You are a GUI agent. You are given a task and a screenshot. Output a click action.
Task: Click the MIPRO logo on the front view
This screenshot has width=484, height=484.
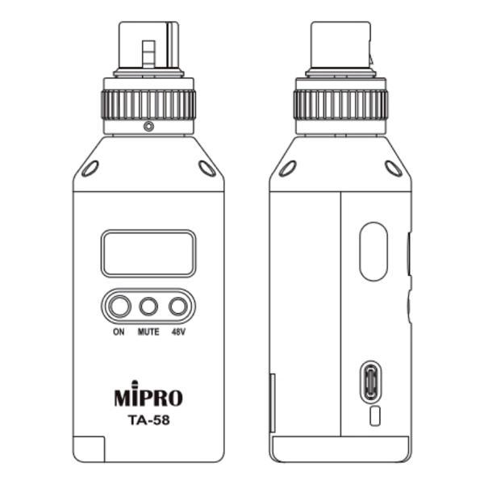[x=148, y=397]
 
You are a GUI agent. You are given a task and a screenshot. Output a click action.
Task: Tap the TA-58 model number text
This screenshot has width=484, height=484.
[x=148, y=419]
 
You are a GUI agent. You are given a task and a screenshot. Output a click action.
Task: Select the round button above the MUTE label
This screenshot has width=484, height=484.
[x=148, y=307]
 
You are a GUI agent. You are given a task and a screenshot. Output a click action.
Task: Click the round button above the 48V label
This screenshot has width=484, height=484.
[x=177, y=307]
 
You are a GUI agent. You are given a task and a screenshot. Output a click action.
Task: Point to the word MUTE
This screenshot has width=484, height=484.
[x=148, y=331]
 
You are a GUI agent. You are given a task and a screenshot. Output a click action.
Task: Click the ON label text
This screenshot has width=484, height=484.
[x=119, y=331]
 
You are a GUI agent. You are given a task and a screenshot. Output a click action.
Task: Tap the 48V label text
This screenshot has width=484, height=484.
[x=178, y=331]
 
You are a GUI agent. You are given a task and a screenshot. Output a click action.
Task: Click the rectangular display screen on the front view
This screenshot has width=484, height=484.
[x=148, y=253]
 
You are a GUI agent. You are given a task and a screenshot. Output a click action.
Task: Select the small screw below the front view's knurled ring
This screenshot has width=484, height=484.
[x=148, y=127]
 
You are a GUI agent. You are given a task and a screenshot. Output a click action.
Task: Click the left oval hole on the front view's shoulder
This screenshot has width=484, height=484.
[x=90, y=169]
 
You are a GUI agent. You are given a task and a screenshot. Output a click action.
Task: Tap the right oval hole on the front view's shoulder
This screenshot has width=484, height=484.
[x=207, y=169]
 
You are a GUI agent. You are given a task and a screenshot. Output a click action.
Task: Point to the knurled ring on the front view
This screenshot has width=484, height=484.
[x=148, y=104]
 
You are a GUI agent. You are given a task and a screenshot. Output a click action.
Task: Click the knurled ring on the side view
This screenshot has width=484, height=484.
[x=340, y=104]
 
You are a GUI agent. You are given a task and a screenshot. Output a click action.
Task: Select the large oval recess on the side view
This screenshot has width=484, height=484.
[x=373, y=252]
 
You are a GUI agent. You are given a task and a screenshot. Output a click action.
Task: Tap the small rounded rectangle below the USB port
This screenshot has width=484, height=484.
[x=374, y=416]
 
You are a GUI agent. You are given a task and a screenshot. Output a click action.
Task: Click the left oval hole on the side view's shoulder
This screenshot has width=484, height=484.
[x=287, y=169]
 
